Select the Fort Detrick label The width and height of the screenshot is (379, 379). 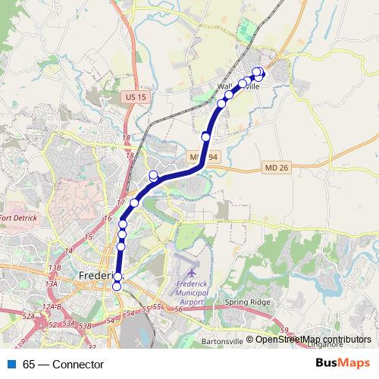point(17,219)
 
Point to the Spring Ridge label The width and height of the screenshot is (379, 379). point(247,302)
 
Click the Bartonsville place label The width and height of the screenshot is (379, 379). point(224,342)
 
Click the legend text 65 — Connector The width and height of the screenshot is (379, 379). point(63,365)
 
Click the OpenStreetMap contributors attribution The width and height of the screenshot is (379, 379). point(313,340)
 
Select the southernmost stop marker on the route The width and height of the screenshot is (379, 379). point(117,287)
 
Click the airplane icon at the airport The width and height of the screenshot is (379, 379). point(189,270)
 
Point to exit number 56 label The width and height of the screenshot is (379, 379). point(179,309)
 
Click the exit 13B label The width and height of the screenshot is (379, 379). point(54,268)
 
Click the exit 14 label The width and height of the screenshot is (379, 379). point(69,250)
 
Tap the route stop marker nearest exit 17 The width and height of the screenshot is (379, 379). point(134,202)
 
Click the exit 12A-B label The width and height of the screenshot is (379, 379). point(52,305)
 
